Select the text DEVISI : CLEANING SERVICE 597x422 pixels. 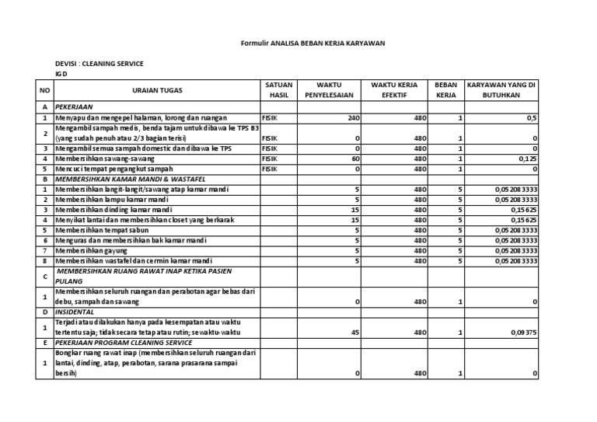coord(99,63)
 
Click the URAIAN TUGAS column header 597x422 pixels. coord(156,90)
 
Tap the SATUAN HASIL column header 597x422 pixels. coord(278,89)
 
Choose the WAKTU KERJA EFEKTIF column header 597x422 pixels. coord(399,89)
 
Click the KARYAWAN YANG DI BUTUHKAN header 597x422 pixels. coord(502,89)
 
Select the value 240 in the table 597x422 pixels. coord(354,117)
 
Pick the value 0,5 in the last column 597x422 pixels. coord(532,117)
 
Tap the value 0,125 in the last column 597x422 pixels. coord(526,158)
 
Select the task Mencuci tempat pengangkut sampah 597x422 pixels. coord(113,168)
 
